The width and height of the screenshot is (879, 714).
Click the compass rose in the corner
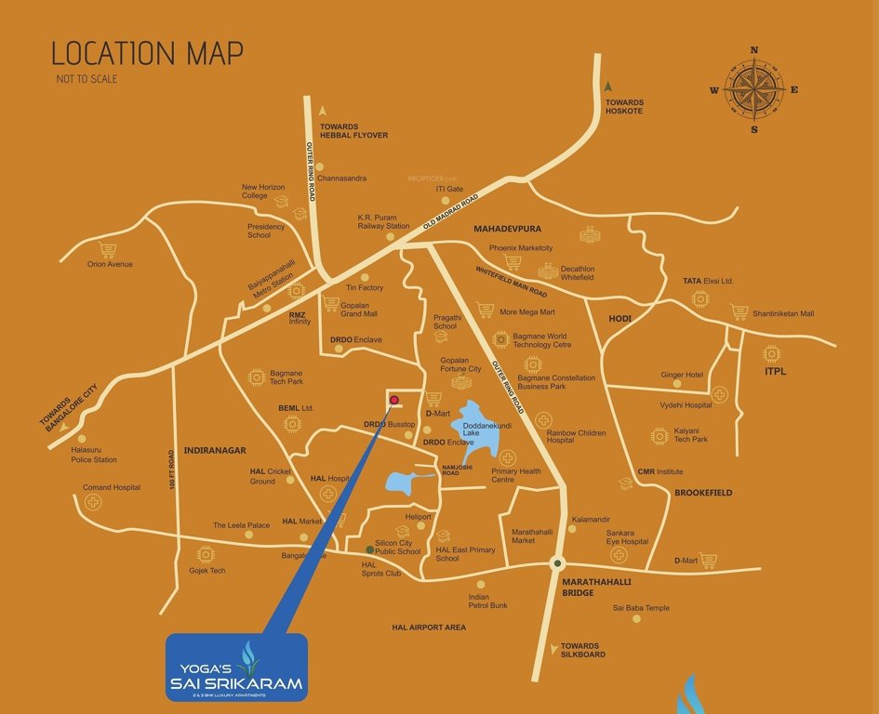coord(754,89)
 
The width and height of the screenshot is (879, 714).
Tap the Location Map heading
coord(147,53)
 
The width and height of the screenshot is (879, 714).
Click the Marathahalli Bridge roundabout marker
coord(557,562)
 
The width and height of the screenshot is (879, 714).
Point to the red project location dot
coord(393,401)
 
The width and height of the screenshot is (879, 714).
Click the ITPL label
coord(776,372)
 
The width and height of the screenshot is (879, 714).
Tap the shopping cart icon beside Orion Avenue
coord(108,249)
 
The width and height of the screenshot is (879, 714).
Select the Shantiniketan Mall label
coord(783,314)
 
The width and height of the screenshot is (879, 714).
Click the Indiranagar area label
coord(215,450)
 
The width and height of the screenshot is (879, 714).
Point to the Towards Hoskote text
coord(624,106)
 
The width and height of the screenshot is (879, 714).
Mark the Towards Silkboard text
coord(579,650)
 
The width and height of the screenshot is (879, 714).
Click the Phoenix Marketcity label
coord(521,248)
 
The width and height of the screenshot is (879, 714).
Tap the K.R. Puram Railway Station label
coord(383,221)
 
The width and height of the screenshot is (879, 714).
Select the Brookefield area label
coord(703,493)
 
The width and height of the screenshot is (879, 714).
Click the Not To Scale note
coord(87,79)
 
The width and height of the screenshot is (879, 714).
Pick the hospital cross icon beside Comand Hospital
coord(93,503)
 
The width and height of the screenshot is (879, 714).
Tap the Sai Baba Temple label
coord(641,608)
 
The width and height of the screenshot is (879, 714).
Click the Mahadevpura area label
coord(507,228)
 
